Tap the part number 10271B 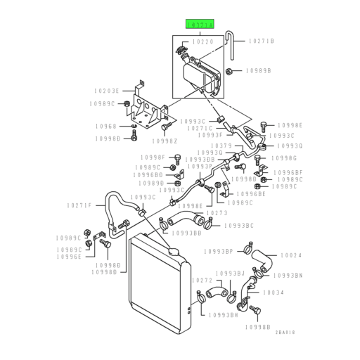[x=261, y=42]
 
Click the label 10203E [x=108, y=91]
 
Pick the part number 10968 [x=108, y=127]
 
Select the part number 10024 [x=292, y=255]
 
